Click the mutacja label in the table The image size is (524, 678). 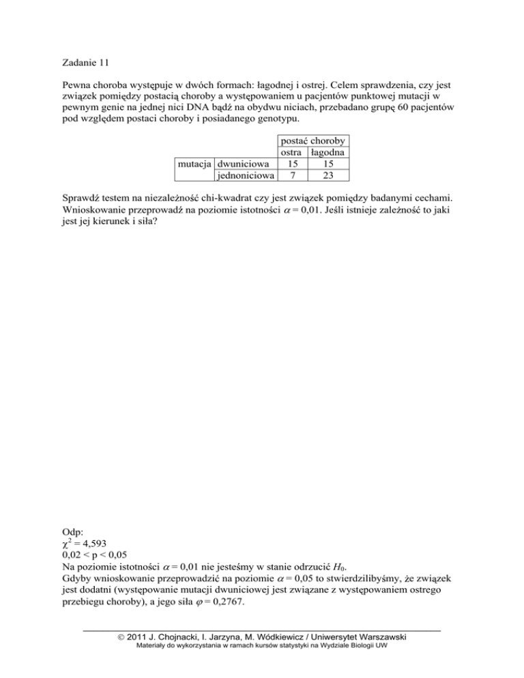pos(194,165)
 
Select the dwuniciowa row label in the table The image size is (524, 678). pos(243,165)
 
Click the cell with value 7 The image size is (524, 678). pos(291,176)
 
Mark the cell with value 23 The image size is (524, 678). pos(328,176)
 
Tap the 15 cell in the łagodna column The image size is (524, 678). pos(328,165)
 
